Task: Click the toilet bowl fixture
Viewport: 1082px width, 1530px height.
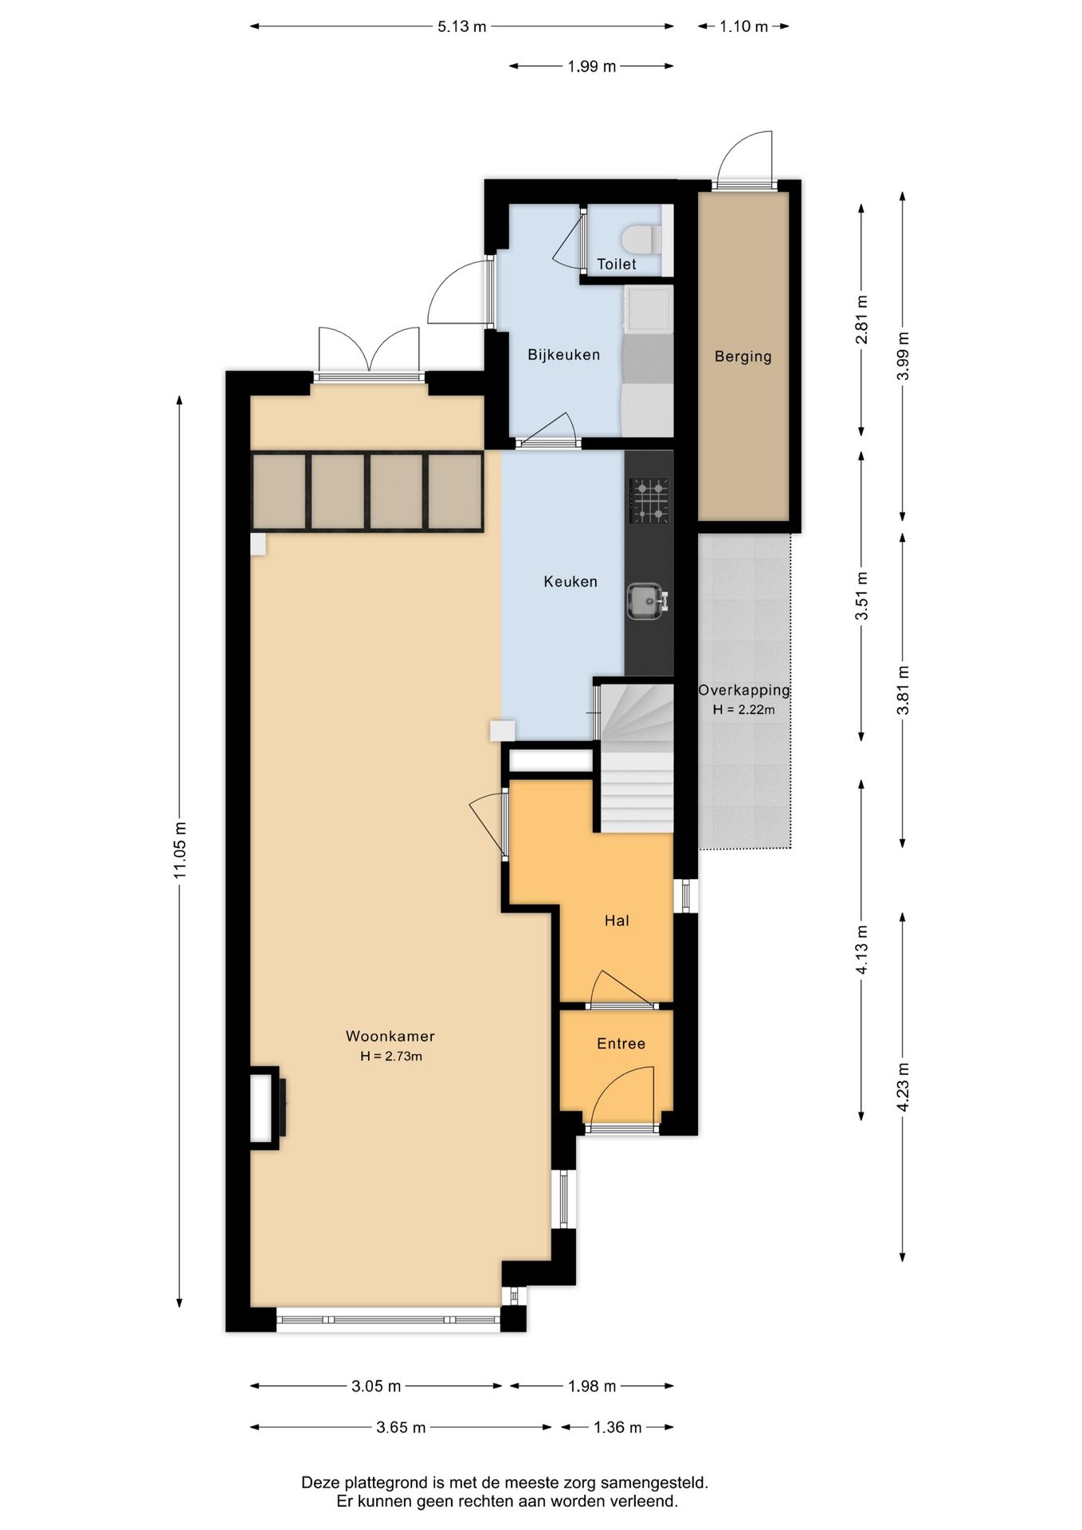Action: coord(640,239)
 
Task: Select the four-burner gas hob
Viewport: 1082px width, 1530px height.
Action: coord(649,500)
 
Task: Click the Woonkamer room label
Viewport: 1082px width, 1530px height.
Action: coord(390,1036)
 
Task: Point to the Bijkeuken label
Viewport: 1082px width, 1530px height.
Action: coord(564,355)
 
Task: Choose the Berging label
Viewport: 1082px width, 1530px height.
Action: coord(743,356)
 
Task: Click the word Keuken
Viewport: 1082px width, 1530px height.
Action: coord(570,582)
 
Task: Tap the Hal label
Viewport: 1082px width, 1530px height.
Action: coord(617,920)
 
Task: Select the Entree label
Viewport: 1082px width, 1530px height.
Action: coord(621,1043)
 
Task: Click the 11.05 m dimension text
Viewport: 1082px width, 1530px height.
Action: coord(180,850)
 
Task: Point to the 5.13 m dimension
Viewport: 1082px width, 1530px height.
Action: coord(462,26)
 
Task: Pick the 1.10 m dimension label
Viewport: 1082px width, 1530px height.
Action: coord(744,26)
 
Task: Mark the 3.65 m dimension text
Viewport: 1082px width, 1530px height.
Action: coord(401,1427)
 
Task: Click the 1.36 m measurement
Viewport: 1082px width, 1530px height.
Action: coord(617,1427)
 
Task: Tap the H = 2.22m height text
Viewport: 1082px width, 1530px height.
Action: coord(744,709)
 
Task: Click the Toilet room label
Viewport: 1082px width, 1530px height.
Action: coord(617,264)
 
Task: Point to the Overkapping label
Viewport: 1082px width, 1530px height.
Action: coord(744,690)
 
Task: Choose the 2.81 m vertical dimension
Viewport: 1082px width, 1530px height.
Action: coord(861,320)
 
